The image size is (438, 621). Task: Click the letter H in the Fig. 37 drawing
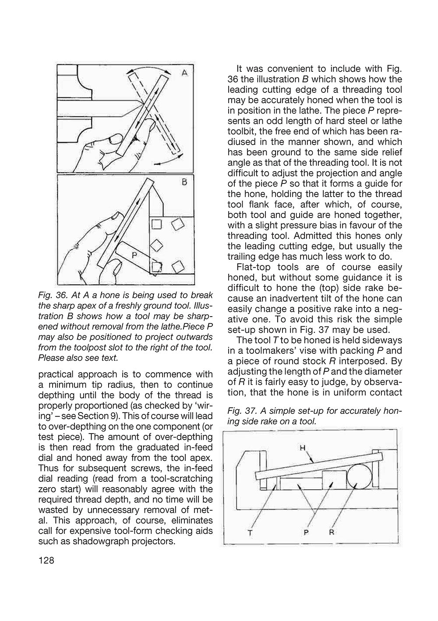pyautogui.click(x=302, y=448)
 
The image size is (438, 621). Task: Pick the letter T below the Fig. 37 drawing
pyautogui.click(x=250, y=533)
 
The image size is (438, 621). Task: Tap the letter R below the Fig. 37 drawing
pyautogui.click(x=331, y=533)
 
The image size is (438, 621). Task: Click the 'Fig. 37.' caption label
pyautogui.click(x=241, y=411)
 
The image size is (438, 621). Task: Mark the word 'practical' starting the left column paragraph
pyautogui.click(x=57, y=374)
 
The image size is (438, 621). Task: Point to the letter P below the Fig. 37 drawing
pyautogui.click(x=307, y=533)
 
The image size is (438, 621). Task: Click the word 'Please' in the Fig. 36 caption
pyautogui.click(x=50, y=358)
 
